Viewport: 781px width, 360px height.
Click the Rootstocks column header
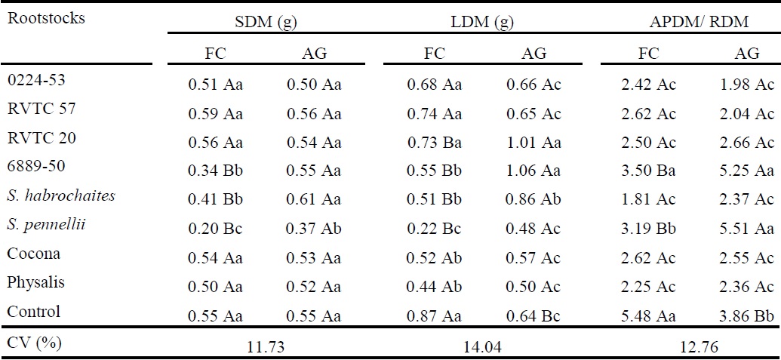click(x=45, y=18)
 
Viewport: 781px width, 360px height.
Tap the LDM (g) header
click(x=487, y=22)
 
